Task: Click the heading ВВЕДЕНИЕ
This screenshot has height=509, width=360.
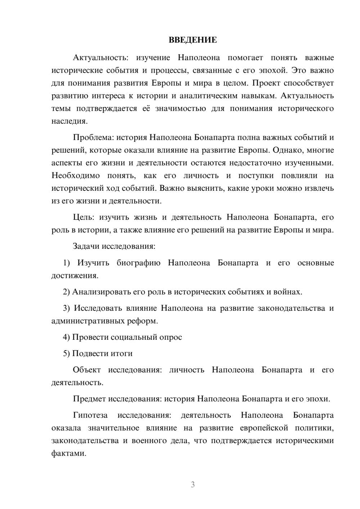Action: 193,40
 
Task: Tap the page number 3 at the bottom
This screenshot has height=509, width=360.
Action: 193,485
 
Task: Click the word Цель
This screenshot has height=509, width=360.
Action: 83,217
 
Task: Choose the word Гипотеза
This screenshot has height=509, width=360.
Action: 90,415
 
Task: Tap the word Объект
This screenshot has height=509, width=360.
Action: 87,370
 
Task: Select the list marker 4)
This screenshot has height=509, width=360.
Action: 66,337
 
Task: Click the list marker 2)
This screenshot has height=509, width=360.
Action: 66,292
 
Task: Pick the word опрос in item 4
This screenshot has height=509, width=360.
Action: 171,337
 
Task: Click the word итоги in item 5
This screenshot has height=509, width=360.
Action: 121,353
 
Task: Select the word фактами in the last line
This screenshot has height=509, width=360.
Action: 69,454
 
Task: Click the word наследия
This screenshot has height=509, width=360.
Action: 69,121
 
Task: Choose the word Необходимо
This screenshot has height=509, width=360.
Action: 75,176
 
